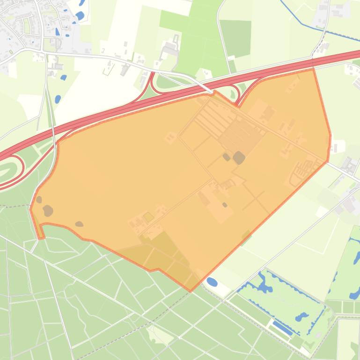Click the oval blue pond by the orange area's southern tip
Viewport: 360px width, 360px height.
pos(212,282)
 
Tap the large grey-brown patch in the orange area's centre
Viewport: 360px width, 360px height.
pos(239,158)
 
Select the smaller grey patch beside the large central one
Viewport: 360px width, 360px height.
pos(227,157)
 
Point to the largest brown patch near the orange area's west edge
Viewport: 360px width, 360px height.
pos(48,211)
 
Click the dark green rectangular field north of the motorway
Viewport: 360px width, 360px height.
pos(235,38)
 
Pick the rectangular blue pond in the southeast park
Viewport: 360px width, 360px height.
pos(282,328)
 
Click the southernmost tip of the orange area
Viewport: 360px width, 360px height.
pos(191,291)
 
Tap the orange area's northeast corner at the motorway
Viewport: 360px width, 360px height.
pos(313,69)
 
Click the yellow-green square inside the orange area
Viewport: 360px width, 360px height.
pos(148,217)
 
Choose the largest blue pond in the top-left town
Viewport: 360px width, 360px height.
pos(80,16)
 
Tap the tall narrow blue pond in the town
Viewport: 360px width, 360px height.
pos(58,32)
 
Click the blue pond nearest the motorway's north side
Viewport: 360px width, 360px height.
pos(58,99)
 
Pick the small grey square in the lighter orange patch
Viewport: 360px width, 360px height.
pos(225,205)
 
